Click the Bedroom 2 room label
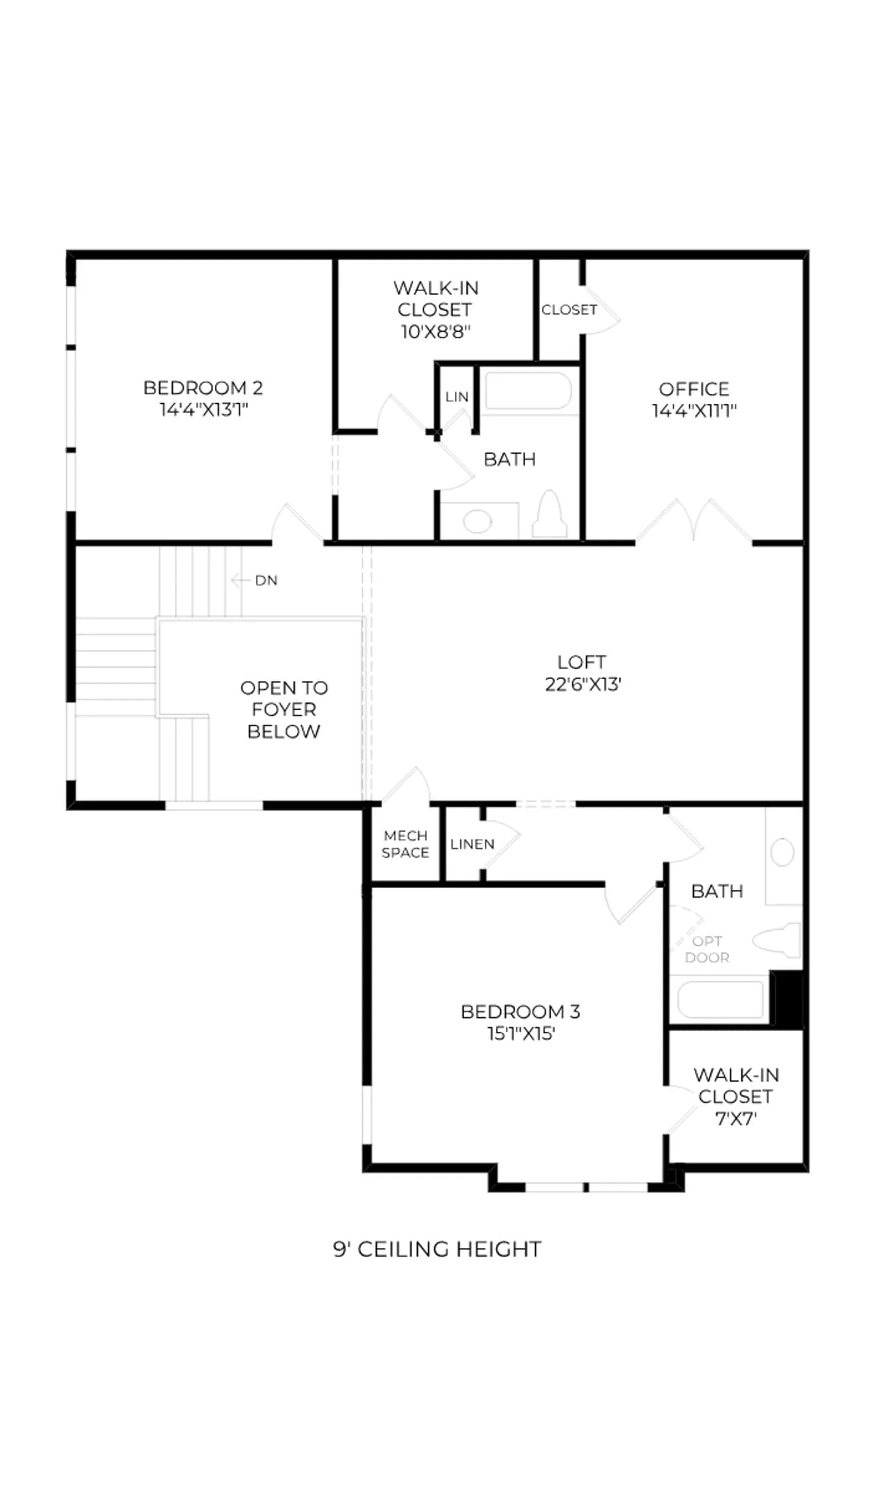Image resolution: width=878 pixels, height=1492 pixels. coord(203,387)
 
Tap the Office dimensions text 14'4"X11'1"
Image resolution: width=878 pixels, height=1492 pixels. coord(694,410)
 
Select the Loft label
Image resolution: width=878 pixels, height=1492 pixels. coord(582,662)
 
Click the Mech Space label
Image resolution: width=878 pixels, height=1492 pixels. coord(405,844)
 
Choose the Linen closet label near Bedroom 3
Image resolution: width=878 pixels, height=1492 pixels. coord(472,844)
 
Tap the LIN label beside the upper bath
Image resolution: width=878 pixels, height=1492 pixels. coord(457,397)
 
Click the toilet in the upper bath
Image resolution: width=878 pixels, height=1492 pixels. coord(550,513)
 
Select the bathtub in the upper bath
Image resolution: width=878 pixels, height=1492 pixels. coord(528,391)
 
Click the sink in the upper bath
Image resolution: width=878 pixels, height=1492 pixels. coord(477,521)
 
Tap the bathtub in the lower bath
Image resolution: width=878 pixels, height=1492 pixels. coord(719,999)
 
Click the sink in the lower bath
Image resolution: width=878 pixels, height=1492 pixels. coord(783,852)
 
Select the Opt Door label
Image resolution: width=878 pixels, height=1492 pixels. coord(707,949)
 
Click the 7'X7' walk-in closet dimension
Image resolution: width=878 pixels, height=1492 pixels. coord(735,1119)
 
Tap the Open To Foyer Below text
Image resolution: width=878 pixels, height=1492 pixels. coord(284,710)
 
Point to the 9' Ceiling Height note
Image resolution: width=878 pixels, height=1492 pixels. coord(437,1249)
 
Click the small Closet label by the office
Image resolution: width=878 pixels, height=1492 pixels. coord(569,310)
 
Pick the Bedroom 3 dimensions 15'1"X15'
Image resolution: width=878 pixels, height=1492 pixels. coord(521,1034)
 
